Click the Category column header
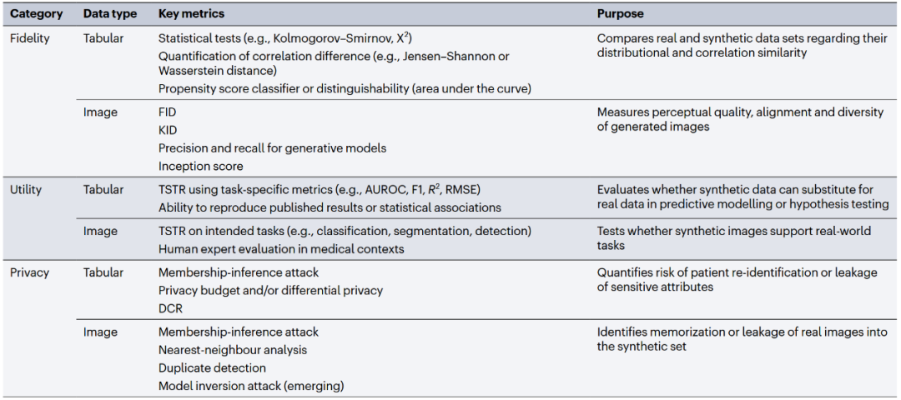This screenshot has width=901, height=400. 36,14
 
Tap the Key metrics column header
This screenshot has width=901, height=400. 191,14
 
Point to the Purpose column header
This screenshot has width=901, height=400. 620,14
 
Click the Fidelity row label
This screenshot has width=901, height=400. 29,38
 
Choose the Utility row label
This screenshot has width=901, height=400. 26,190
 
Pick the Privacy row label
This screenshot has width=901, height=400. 29,272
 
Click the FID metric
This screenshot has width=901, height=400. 168,112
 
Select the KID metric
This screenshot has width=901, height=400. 168,130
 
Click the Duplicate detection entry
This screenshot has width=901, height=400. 212,367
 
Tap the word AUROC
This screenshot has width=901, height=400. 380,190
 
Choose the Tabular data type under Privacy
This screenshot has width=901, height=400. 103,272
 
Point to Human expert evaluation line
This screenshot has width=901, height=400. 281,248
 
